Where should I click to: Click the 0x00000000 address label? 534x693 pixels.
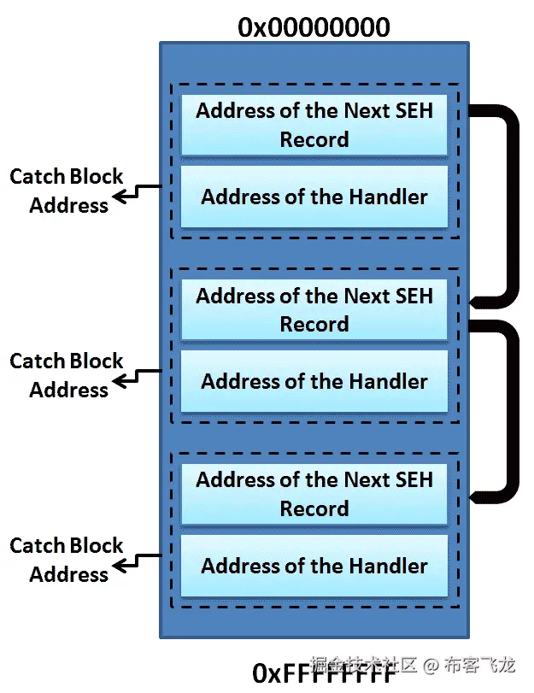pyautogui.click(x=314, y=27)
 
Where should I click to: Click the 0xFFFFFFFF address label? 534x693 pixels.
pyautogui.click(x=325, y=673)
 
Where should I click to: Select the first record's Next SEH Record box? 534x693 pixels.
pyautogui.click(x=314, y=125)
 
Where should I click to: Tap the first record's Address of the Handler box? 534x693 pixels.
pyautogui.click(x=314, y=197)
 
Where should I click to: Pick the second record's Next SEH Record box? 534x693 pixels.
pyautogui.click(x=314, y=309)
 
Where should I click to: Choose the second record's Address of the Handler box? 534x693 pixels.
pyautogui.click(x=314, y=381)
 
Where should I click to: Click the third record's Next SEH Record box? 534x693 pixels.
pyautogui.click(x=314, y=494)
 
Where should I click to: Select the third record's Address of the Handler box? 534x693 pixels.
pyautogui.click(x=314, y=566)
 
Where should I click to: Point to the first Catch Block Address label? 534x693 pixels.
pyautogui.click(x=67, y=191)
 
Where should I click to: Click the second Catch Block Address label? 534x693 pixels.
pyautogui.click(x=67, y=375)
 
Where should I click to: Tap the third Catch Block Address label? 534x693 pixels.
pyautogui.click(x=67, y=560)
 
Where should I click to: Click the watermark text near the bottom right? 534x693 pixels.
pyautogui.click(x=413, y=664)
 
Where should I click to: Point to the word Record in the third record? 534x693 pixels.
pyautogui.click(x=314, y=508)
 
